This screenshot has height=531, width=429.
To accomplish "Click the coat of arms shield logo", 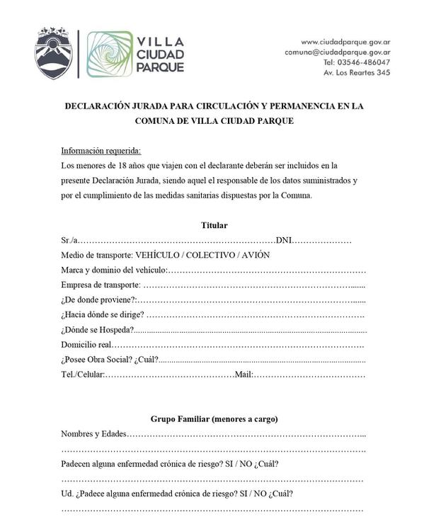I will coord(54,54).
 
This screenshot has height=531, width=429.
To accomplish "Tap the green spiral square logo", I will coord(109,54).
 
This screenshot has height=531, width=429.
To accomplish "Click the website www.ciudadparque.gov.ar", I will coord(346,42).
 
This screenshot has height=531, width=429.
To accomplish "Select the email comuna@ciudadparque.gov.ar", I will coord(338,52).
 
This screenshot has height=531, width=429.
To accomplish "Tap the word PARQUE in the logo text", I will coord(161,67).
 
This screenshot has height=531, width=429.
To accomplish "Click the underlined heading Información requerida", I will coord(101,151).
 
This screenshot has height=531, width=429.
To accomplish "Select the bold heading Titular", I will coord(214,225).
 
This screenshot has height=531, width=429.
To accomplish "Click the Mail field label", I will coord(244,375).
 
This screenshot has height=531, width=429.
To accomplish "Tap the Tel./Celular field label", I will coord(83,375).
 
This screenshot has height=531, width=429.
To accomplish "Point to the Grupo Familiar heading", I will coord(214,419).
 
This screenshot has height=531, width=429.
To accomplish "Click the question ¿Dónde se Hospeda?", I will coord(98,330).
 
